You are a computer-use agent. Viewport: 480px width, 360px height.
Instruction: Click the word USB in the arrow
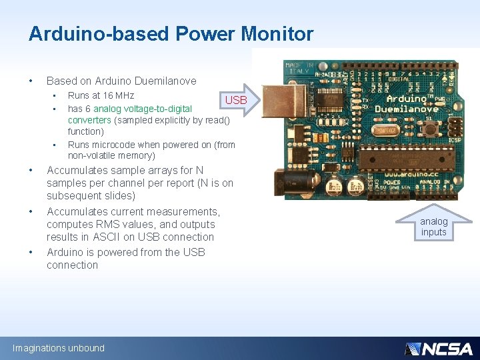point(236,100)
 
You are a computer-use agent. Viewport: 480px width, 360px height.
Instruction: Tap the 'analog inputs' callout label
point(434,227)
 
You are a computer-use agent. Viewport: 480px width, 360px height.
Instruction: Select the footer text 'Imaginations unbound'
point(59,348)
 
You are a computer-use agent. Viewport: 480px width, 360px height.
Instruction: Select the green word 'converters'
point(89,120)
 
